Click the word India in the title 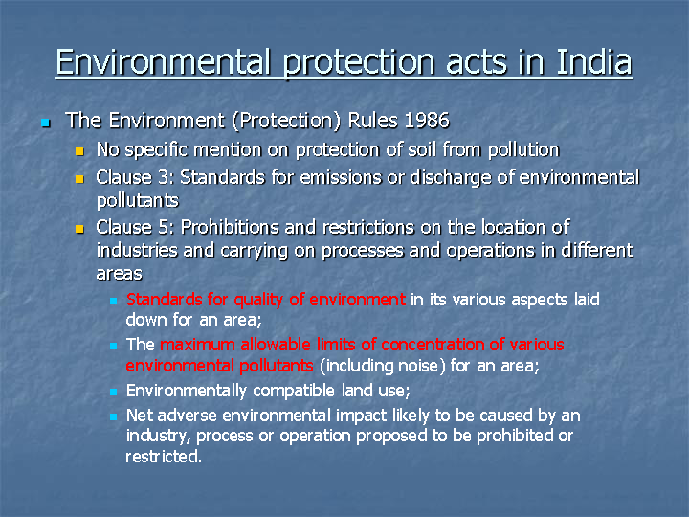pos(594,61)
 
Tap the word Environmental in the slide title pos(163,61)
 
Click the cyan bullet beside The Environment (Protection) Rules pos(46,123)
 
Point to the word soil pos(422,149)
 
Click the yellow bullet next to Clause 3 pos(79,179)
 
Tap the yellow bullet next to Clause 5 pos(79,229)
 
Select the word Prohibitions pos(231,227)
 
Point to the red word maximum pos(198,345)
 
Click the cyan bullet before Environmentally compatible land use pos(113,392)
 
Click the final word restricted pos(164,457)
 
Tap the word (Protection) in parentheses pos(286,121)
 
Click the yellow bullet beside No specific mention pos(79,151)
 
